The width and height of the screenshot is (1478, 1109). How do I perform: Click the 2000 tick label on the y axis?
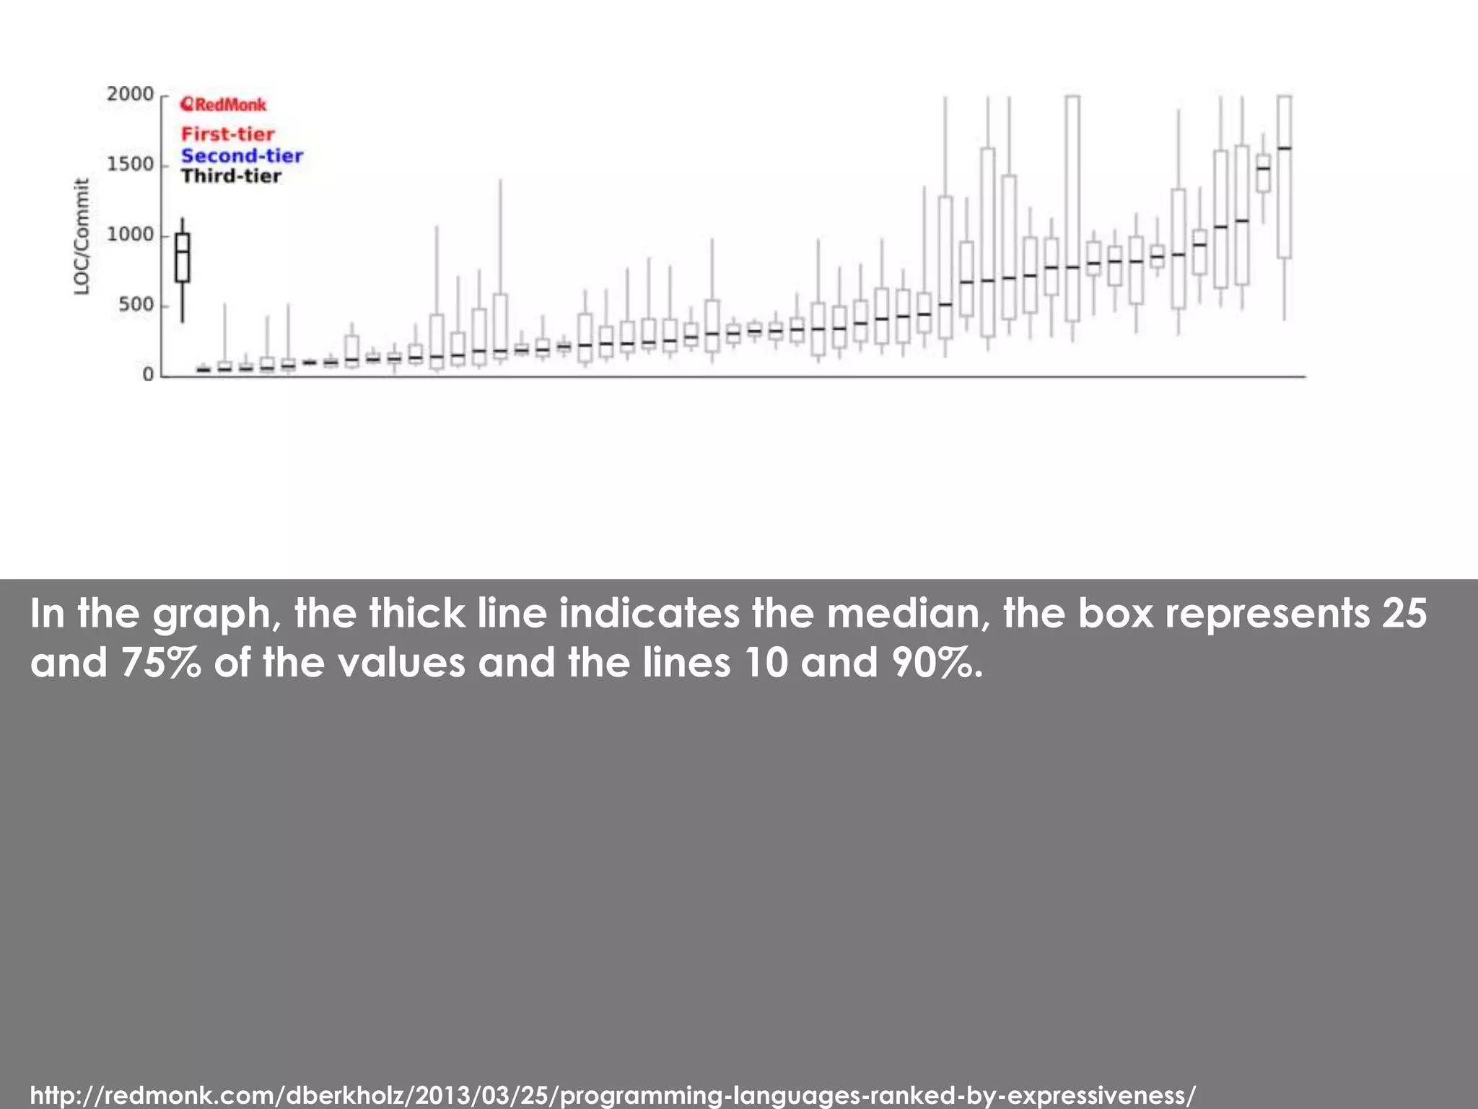click(130, 95)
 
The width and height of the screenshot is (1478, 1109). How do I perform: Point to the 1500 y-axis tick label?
click(130, 165)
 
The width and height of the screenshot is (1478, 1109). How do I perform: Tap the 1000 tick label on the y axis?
click(130, 235)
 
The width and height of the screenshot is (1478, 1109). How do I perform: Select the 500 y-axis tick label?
click(136, 305)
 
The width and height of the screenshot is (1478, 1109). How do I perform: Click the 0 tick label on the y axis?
click(148, 375)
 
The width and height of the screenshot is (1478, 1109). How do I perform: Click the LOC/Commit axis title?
click(82, 236)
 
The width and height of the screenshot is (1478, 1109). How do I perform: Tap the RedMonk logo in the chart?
click(224, 105)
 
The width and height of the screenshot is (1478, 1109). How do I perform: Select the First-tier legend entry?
click(227, 134)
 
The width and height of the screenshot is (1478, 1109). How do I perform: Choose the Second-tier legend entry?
click(242, 155)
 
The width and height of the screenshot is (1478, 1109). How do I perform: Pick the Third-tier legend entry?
click(231, 176)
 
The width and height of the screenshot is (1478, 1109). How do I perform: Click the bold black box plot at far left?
click(183, 258)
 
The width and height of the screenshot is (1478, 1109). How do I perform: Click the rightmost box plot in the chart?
click(1284, 177)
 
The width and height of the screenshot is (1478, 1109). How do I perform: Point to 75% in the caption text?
click(161, 662)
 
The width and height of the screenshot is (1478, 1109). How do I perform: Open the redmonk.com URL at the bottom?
click(613, 1095)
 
